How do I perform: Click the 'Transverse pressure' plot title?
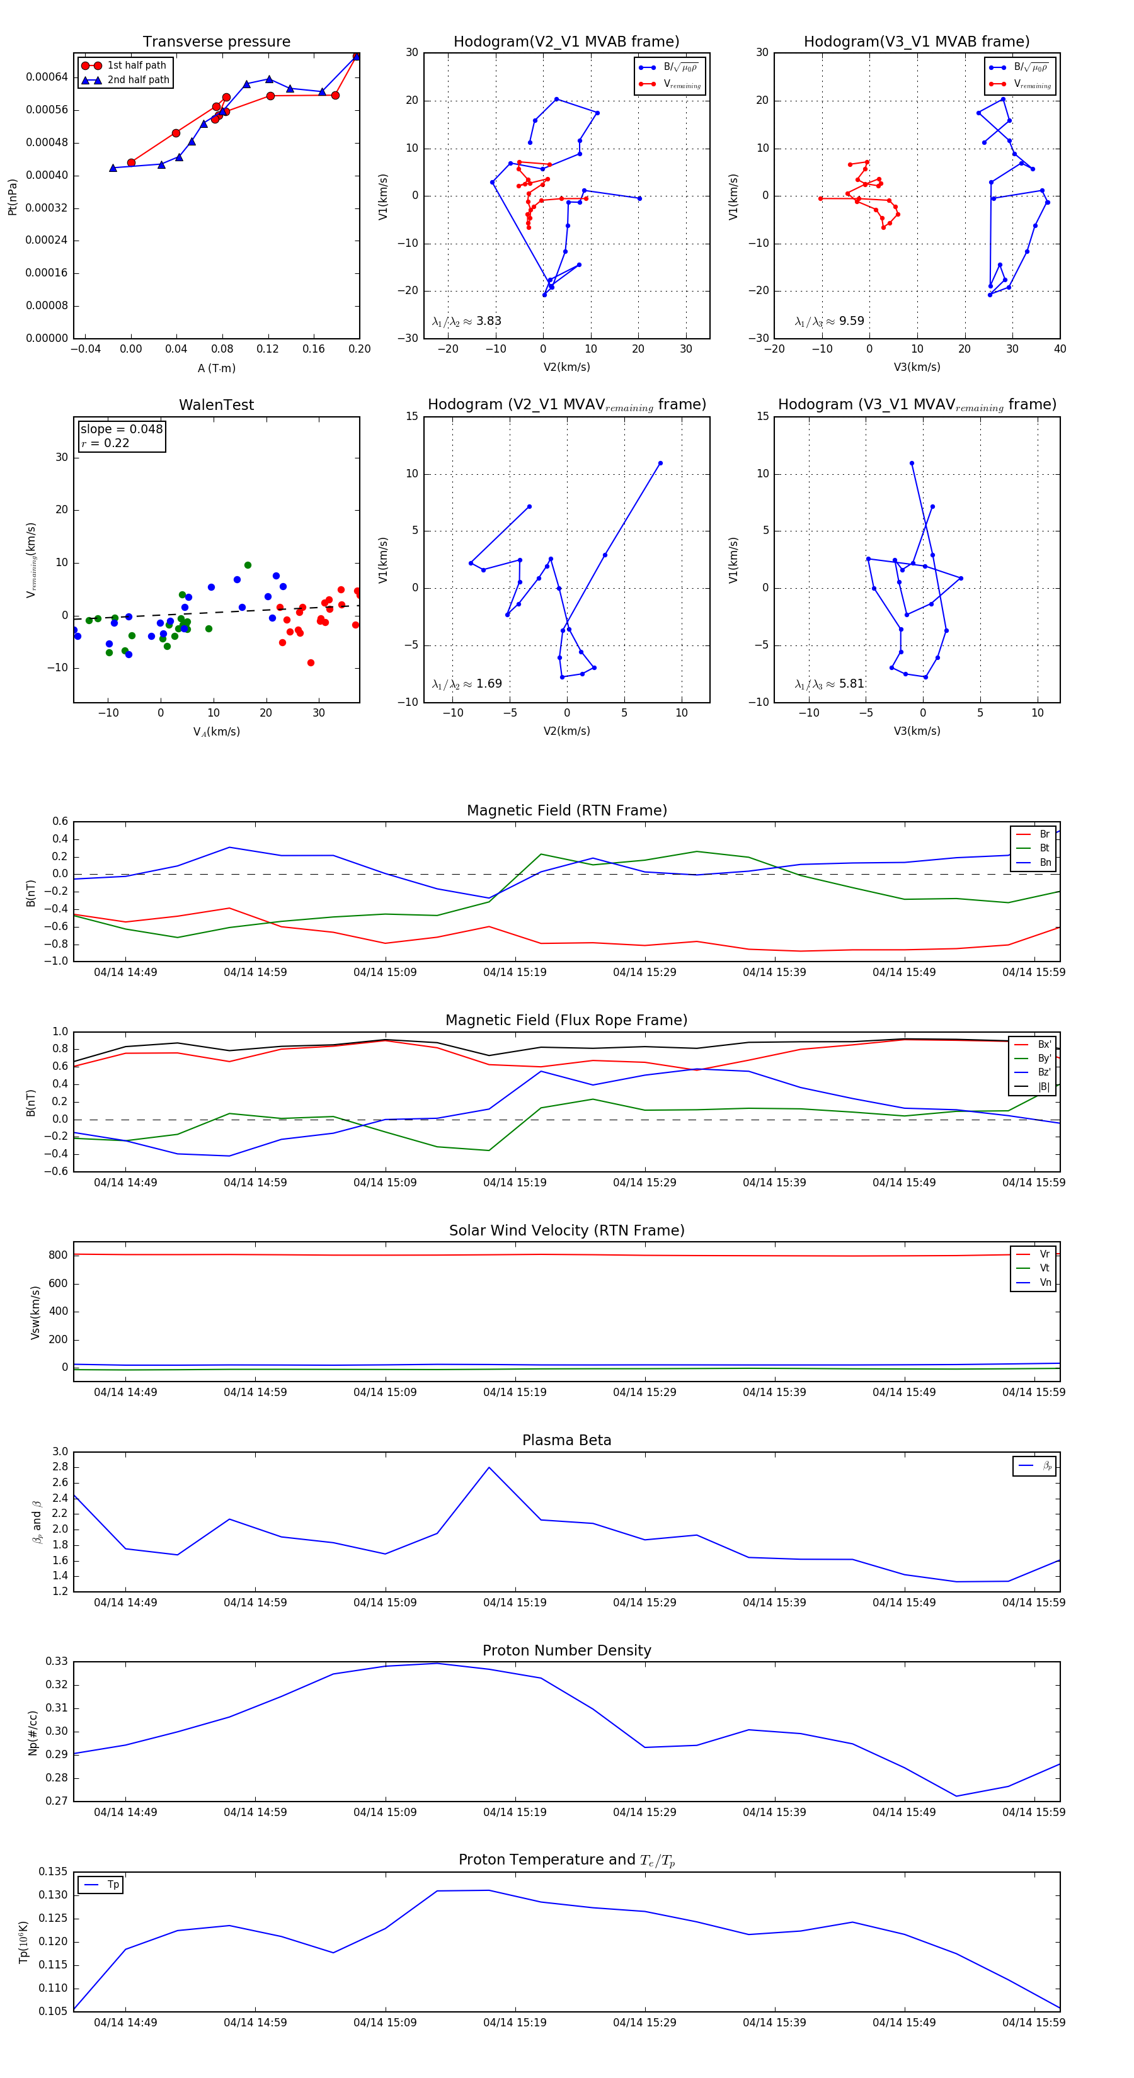(x=216, y=42)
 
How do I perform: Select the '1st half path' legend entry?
(x=137, y=65)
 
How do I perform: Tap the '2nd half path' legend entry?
(x=138, y=80)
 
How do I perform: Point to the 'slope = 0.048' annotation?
(x=121, y=429)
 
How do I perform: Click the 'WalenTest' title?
(x=216, y=405)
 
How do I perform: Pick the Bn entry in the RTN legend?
(x=1045, y=862)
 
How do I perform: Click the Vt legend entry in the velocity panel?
(x=1045, y=1268)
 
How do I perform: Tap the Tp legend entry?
(x=112, y=1885)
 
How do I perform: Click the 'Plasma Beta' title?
(x=566, y=1441)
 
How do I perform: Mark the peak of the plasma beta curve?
(x=489, y=1467)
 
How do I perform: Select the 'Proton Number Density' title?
(x=566, y=1650)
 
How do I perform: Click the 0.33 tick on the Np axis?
(x=57, y=1662)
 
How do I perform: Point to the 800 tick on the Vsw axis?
(x=58, y=1255)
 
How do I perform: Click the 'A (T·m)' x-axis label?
(x=216, y=368)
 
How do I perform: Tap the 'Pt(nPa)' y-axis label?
(x=12, y=197)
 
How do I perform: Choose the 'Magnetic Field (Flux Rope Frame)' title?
(x=566, y=1021)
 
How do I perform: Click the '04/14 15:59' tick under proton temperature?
(x=1033, y=2023)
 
